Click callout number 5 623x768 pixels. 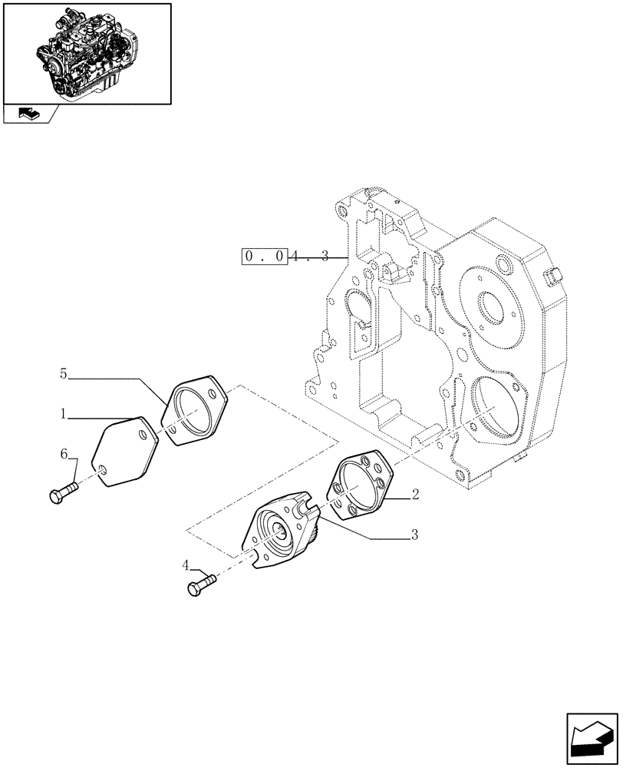click(x=64, y=374)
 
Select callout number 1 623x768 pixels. click(x=64, y=415)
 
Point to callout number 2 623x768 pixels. click(x=414, y=495)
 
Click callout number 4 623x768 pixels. click(x=186, y=565)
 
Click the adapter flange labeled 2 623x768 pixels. click(x=360, y=485)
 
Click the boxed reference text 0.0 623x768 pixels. click(x=265, y=257)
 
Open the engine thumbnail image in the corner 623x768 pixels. click(x=87, y=53)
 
